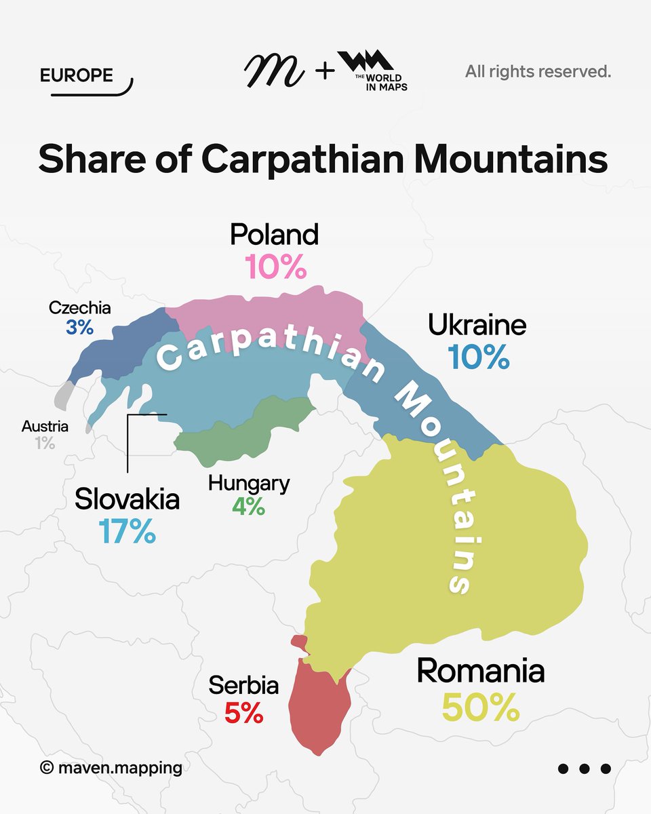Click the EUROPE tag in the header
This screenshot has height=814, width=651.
coord(76,75)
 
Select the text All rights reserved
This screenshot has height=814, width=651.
coord(538,71)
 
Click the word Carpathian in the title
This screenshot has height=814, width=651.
coord(305,160)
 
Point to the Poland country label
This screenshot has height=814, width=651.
coord(274,235)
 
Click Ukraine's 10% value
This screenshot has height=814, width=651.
coord(478,357)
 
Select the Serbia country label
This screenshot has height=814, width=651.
coord(243,685)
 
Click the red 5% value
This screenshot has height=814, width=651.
coord(243,713)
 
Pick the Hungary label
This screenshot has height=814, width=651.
coord(249,484)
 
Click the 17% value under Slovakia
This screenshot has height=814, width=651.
coord(127,531)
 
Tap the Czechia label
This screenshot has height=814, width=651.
coord(79,308)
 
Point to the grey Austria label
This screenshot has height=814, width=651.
coord(45,427)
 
